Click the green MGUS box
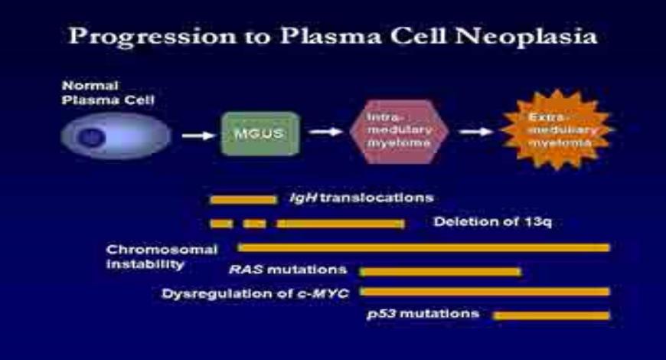pos(250,134)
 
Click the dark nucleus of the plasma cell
pos(92,137)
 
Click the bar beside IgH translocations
pos(243,199)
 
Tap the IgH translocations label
pos(361,198)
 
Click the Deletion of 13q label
pos(492,223)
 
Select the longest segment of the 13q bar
pos(341,224)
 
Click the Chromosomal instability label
pos(162,257)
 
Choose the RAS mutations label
pos(288,270)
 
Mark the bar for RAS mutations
pos(440,271)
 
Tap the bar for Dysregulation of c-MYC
pos(485,292)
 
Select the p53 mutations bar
pos(552,315)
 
